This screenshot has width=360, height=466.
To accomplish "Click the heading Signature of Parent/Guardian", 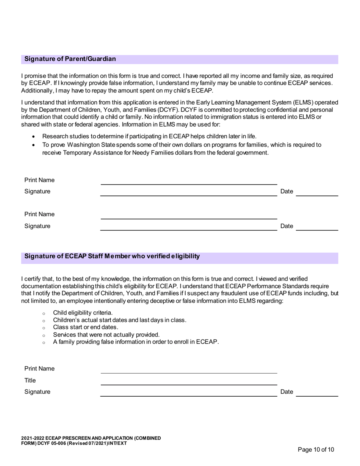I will point(70,59).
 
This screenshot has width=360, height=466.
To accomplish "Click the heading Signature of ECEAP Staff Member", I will point(112,256).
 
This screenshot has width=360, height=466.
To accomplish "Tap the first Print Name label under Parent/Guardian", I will point(39,180).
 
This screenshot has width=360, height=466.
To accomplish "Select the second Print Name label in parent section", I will point(39,214).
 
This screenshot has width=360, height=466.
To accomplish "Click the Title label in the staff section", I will point(30,380).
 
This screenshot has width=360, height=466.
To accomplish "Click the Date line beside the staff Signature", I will point(316,396).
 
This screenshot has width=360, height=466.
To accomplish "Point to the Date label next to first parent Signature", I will point(286,192).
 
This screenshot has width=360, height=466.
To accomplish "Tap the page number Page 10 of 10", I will point(316,450).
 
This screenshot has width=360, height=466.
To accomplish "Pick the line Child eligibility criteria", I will point(83,313).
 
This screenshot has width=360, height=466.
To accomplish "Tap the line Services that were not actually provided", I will point(106,335).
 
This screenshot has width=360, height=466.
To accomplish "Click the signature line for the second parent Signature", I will point(189,230).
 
